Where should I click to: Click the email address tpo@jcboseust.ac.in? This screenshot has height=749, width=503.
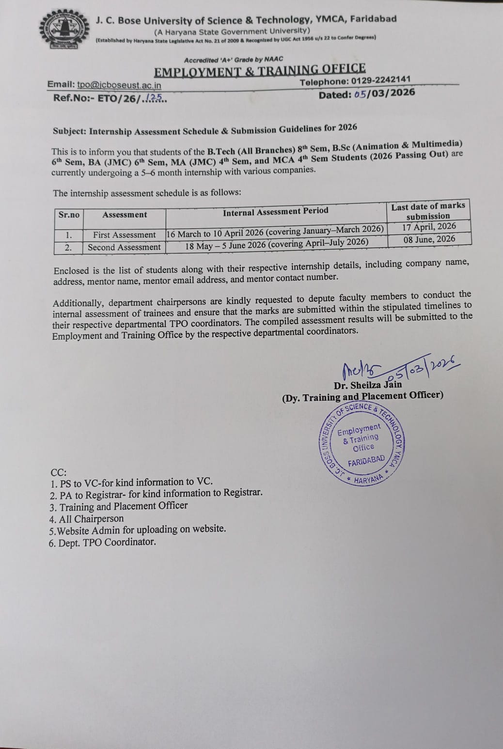pyautogui.click(x=119, y=85)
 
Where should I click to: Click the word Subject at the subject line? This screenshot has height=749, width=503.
pyautogui.click(x=69, y=131)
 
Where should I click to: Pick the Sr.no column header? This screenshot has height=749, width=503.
pyautogui.click(x=69, y=215)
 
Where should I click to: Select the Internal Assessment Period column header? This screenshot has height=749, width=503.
pyautogui.click(x=275, y=211)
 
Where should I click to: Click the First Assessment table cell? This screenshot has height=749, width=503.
pyautogui.click(x=125, y=235)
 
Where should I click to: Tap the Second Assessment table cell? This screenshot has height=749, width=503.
pyautogui.click(x=124, y=247)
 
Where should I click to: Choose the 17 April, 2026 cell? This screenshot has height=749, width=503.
pyautogui.click(x=429, y=227)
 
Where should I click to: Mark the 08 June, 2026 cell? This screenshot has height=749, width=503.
pyautogui.click(x=429, y=239)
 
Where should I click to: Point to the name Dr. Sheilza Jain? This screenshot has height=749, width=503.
pyautogui.click(x=368, y=386)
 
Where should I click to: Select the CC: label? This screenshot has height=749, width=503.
pyautogui.click(x=59, y=472)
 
